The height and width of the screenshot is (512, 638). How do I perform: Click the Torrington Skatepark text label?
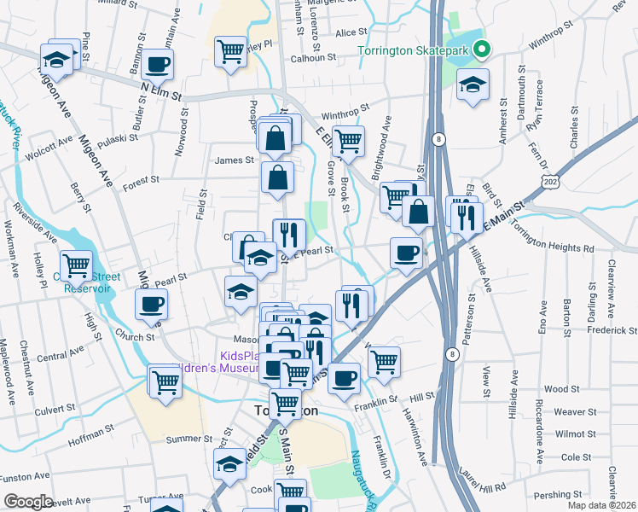[x=415, y=51]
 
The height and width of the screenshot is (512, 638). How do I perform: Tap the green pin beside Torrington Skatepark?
[x=482, y=50]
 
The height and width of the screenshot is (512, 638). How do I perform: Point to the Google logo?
[x=28, y=502]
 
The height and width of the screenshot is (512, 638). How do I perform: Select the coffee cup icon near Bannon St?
[x=158, y=63]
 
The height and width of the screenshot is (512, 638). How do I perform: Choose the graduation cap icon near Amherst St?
[x=472, y=84]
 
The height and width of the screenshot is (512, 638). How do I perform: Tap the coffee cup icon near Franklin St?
[x=344, y=377]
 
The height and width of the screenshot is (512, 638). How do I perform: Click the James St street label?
[x=235, y=160]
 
